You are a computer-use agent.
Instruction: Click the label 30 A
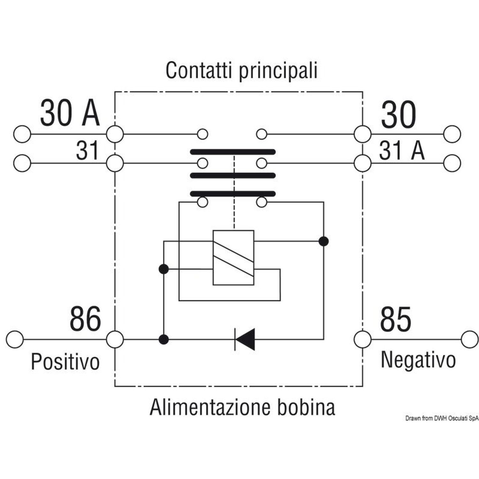click(x=70, y=113)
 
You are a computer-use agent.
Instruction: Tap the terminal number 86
click(x=85, y=319)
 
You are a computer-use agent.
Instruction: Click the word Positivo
click(x=65, y=361)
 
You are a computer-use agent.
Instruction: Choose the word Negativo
click(x=418, y=360)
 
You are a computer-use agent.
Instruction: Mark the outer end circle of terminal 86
click(x=15, y=339)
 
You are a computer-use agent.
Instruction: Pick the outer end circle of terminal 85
click(x=470, y=339)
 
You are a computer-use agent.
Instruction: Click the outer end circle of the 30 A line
click(x=22, y=134)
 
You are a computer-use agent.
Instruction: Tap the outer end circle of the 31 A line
click(x=452, y=163)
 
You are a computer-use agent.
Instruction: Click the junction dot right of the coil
click(x=323, y=241)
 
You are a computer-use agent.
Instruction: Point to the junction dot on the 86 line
click(x=163, y=339)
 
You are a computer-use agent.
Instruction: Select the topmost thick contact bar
click(x=233, y=152)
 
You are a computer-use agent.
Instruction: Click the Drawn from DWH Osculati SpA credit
click(x=442, y=418)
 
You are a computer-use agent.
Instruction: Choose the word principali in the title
click(x=278, y=71)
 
